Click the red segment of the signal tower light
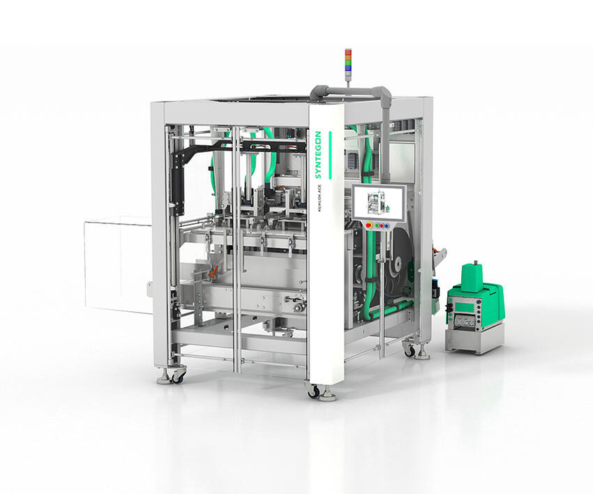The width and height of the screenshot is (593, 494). coord(348,53)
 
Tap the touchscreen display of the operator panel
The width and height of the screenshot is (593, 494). coord(377,203)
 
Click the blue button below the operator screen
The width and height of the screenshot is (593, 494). coord(388,226)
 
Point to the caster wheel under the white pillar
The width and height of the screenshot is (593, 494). coord(315,391)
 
